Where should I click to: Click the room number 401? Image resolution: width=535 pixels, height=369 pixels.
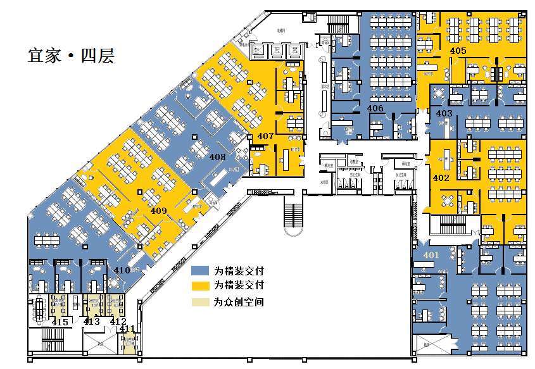tap(431, 255)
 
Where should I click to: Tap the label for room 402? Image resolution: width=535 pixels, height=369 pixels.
tap(441, 178)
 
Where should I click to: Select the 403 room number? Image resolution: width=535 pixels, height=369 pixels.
tap(444, 113)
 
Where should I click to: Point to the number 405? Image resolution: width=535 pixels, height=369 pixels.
tap(458, 50)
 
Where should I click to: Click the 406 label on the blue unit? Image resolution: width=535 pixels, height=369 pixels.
tap(375, 109)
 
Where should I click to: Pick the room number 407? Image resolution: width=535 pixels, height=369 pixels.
tap(266, 135)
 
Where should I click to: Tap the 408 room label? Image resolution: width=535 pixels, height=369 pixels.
tap(218, 156)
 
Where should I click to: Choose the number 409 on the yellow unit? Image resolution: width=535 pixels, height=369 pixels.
tap(159, 210)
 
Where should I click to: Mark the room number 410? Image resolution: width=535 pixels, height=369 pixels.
tap(122, 271)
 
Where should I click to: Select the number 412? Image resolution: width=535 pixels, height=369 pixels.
tap(118, 322)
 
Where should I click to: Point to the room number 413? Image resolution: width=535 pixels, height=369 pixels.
tap(92, 322)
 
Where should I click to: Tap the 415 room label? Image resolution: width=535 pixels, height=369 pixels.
tap(60, 322)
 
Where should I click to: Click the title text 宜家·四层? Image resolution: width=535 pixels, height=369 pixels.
tap(70, 55)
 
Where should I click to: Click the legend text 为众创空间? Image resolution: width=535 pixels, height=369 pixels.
tap(239, 302)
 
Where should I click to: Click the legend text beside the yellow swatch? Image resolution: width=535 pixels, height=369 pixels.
tap(239, 286)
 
